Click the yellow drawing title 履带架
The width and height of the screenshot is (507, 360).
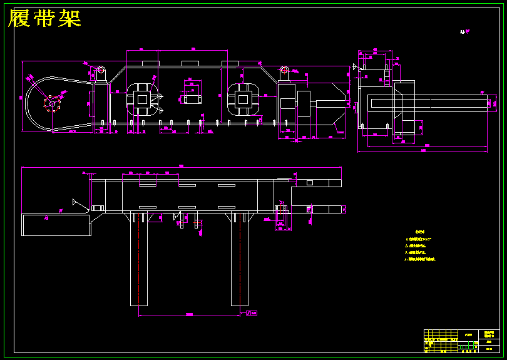tap(45, 19)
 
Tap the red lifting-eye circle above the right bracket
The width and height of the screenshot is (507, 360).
tap(284, 70)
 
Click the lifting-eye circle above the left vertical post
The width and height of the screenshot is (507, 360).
tap(99, 70)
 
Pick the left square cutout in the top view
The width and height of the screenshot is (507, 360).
tap(142, 99)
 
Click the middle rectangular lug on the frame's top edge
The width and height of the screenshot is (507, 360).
tap(190, 63)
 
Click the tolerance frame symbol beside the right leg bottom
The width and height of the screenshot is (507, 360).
tap(252, 312)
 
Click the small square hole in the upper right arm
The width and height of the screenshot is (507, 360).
tap(309, 182)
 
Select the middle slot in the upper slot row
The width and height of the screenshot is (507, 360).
tap(187, 185)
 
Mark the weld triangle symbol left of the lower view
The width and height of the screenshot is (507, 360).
tap(76, 202)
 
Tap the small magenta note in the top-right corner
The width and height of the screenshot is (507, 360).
tap(464, 31)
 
